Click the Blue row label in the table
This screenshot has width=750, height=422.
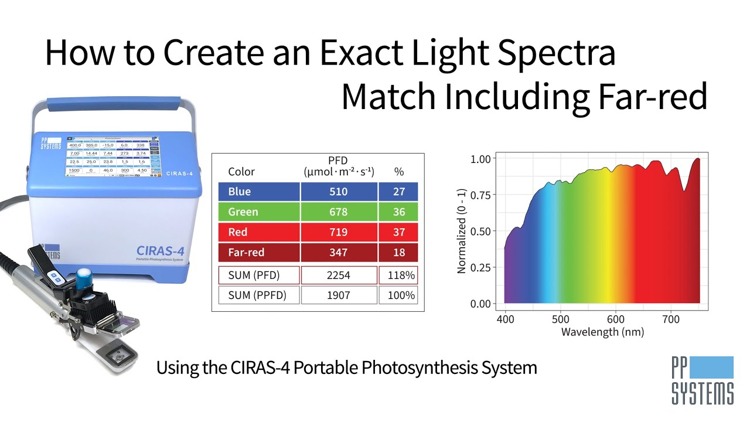(240, 192)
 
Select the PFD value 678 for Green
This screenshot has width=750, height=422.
(339, 212)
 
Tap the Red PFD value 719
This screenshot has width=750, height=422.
(339, 232)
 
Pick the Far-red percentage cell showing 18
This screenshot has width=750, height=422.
(399, 253)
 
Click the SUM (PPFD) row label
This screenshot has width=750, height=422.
(257, 295)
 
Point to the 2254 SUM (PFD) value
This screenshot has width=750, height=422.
(339, 275)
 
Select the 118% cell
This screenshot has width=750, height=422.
(401, 275)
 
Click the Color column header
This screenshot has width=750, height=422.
(241, 172)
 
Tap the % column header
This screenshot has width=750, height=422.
(399, 172)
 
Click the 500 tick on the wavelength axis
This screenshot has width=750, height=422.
(561, 319)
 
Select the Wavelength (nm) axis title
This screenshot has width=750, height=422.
(602, 332)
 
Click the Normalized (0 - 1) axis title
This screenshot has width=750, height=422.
(462, 232)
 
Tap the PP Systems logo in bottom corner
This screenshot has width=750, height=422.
(702, 380)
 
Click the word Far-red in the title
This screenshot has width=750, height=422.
(659, 97)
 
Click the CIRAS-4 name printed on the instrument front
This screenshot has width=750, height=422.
(156, 250)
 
